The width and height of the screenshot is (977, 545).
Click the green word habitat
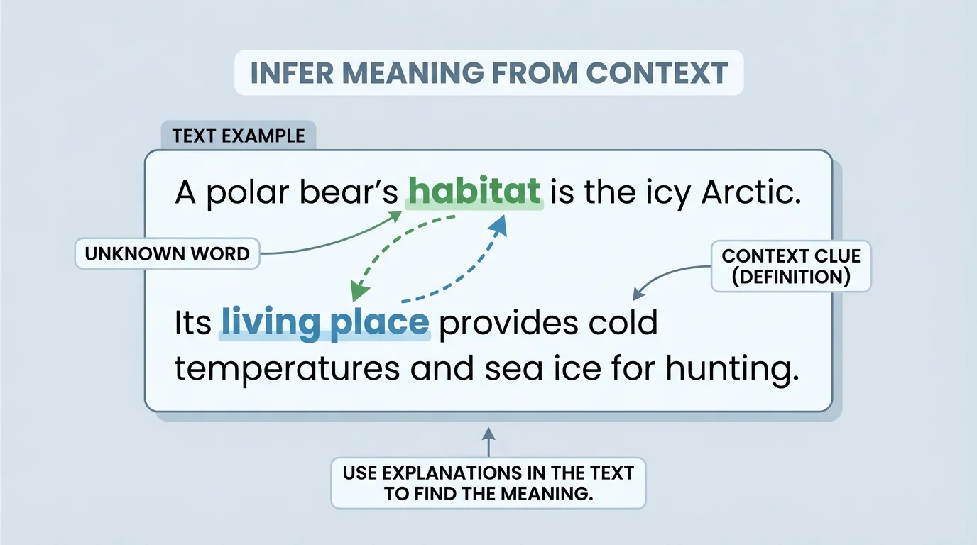click(474, 192)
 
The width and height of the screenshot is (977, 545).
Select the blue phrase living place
click(325, 323)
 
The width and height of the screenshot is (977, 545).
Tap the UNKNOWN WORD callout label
click(168, 254)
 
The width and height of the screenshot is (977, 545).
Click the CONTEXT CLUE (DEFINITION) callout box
click(790, 266)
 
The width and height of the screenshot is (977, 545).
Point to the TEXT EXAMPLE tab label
click(239, 136)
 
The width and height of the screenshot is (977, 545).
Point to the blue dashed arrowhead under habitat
click(499, 226)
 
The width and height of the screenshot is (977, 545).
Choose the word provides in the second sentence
click(501, 323)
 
